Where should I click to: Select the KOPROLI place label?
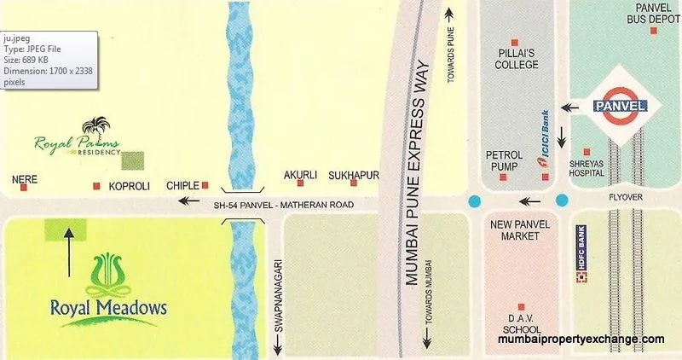coord(128,184)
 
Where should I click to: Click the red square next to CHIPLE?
coord(205,184)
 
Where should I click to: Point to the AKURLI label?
coord(300,176)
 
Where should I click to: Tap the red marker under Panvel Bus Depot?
coord(654,31)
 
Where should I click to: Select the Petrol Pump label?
coord(504,160)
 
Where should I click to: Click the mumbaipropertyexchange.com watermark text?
coord(581,340)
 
